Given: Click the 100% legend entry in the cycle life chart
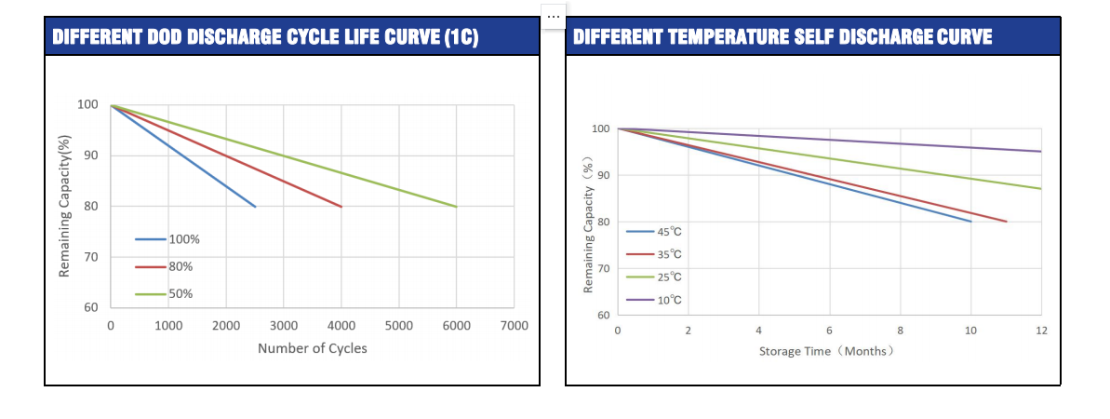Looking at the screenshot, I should point(167,239).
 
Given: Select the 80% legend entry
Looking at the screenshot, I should point(165,266).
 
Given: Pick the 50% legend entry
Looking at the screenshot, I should point(165,294).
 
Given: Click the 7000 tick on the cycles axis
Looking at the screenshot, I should point(514,325).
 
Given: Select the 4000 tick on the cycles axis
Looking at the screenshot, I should point(341,325).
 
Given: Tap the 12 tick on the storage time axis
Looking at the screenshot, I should point(1041,331).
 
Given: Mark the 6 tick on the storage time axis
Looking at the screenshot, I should point(829,331).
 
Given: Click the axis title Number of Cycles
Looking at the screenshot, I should point(312,348).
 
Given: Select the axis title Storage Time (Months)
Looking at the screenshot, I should point(827,351).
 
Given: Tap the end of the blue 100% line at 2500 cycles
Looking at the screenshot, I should point(255,206).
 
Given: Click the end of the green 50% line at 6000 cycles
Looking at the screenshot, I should point(456,206).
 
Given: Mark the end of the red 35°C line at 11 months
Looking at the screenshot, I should point(1006,222).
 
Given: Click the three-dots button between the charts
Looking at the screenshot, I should point(554,16).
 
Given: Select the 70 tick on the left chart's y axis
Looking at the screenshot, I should point(91,256).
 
